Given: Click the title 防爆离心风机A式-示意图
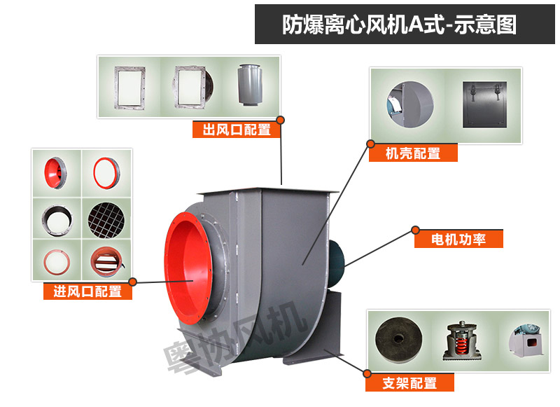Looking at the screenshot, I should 399,25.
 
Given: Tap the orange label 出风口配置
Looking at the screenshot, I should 236,130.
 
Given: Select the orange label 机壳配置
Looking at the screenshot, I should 413,153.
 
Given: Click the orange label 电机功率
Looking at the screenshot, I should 459,240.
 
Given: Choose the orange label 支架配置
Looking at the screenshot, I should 409,383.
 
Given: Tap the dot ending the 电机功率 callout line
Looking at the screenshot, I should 415,229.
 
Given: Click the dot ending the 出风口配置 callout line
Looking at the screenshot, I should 281,119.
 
